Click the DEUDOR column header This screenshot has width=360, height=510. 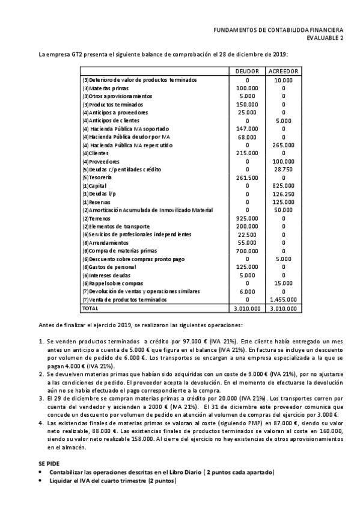[x=248, y=72]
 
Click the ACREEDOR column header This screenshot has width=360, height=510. [x=283, y=72]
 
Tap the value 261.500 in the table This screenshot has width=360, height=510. [x=248, y=177]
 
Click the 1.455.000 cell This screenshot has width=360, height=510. [x=283, y=299]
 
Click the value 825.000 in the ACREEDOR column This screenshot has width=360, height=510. [x=283, y=186]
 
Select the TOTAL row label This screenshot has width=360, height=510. [x=91, y=308]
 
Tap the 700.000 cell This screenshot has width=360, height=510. [x=248, y=250]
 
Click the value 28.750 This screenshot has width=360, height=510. [x=283, y=170]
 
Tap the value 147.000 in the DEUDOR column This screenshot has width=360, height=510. [x=248, y=129]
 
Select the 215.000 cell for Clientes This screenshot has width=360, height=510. [x=248, y=153]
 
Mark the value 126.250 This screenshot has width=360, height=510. [x=283, y=194]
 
